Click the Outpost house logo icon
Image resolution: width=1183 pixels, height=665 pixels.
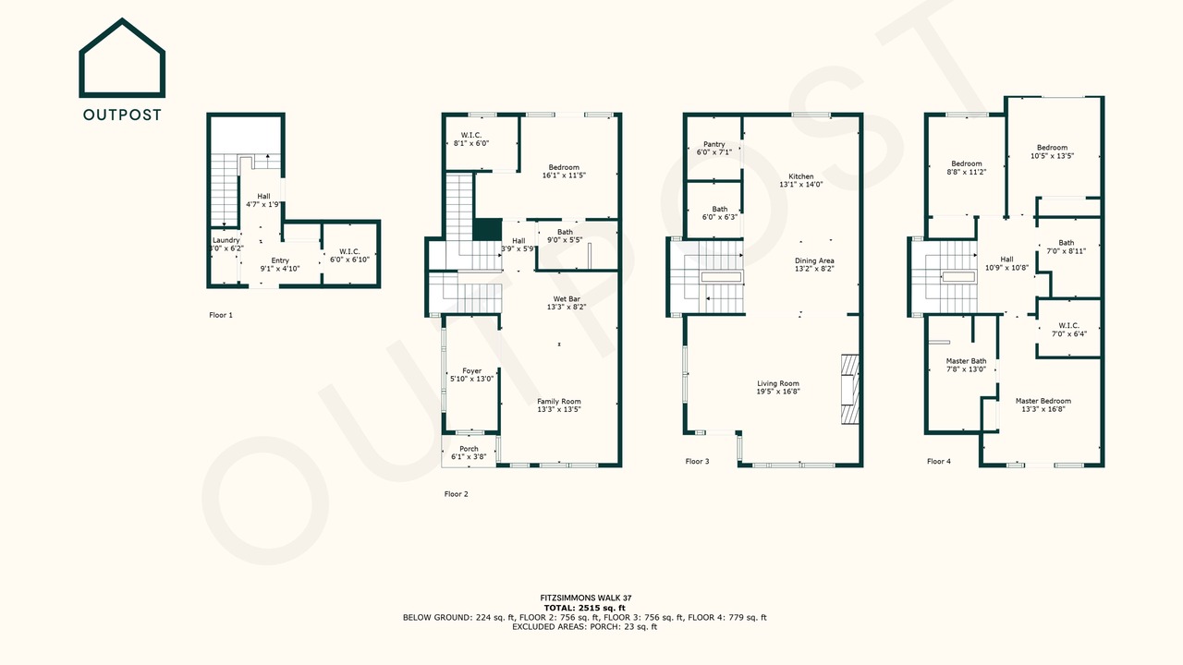(x=122, y=58)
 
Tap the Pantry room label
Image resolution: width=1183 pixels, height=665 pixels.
(x=714, y=144)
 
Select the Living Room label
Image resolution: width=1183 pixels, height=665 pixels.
(x=778, y=383)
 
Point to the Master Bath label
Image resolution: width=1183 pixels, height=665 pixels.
(x=966, y=361)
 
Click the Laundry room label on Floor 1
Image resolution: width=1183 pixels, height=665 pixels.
(x=226, y=240)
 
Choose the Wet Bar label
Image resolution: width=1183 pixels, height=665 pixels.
(x=567, y=298)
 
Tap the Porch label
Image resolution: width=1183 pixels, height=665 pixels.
(x=469, y=449)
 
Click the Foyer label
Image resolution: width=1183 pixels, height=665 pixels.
(x=472, y=371)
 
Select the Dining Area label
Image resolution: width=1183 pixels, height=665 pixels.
(x=814, y=260)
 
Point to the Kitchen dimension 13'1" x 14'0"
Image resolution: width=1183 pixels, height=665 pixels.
(x=801, y=185)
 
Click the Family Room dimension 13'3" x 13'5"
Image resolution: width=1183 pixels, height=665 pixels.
(x=559, y=409)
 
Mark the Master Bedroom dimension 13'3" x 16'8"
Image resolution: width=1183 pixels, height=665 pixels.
(x=1043, y=409)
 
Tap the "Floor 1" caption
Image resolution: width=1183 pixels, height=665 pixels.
(x=221, y=315)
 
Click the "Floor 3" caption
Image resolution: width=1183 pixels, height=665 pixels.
(x=697, y=461)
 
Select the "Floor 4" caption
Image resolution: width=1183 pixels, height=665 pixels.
(x=939, y=461)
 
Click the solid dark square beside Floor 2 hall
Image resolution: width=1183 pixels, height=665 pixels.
(x=487, y=230)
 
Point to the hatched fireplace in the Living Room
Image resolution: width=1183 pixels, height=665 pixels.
(x=849, y=389)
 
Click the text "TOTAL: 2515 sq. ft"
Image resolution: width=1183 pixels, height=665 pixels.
(x=585, y=608)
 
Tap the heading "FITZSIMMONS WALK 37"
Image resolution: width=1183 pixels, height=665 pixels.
(x=586, y=598)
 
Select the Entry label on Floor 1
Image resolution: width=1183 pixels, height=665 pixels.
(x=280, y=260)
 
